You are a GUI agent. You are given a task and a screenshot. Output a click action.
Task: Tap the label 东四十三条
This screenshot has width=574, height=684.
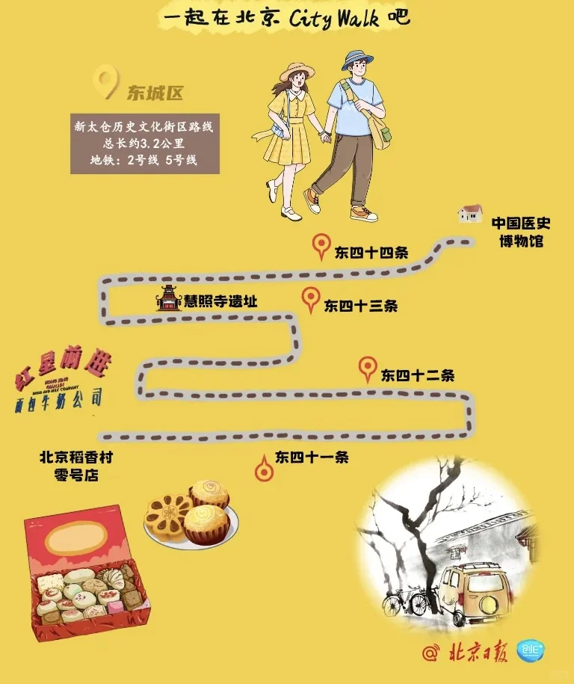click(360, 306)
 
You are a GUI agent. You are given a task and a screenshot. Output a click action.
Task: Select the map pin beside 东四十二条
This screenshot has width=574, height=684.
click(367, 369)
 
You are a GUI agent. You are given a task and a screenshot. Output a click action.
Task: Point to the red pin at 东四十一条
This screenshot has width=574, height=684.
click(264, 469)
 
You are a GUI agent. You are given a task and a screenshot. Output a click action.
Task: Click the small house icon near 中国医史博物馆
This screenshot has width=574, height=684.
click(470, 214)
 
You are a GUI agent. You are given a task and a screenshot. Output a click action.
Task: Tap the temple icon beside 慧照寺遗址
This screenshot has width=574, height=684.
click(168, 298)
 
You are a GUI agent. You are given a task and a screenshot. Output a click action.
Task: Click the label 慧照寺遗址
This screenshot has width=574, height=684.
click(220, 301)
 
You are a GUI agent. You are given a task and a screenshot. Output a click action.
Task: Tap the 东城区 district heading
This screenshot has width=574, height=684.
click(155, 93)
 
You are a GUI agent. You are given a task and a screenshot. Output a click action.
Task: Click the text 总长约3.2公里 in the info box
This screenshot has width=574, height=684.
click(144, 143)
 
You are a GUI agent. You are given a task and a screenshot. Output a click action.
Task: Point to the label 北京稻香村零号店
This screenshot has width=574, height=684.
click(76, 466)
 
